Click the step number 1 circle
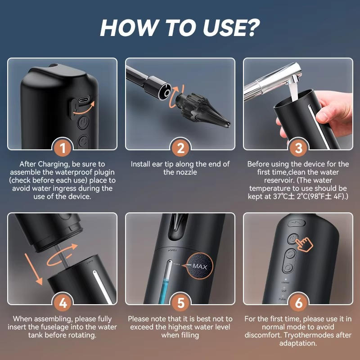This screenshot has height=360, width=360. tap(63, 148)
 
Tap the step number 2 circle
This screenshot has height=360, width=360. tap(180, 148)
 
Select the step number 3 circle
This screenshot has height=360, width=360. tap(298, 148)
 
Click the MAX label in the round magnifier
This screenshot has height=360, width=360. tap(199, 266)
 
